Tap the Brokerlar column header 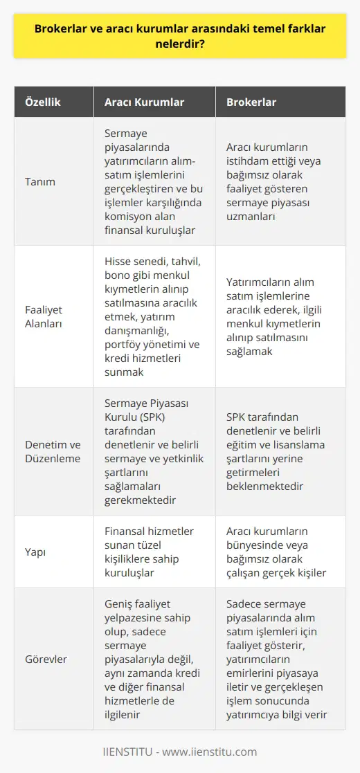tap(251, 102)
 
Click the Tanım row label tap(41, 182)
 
